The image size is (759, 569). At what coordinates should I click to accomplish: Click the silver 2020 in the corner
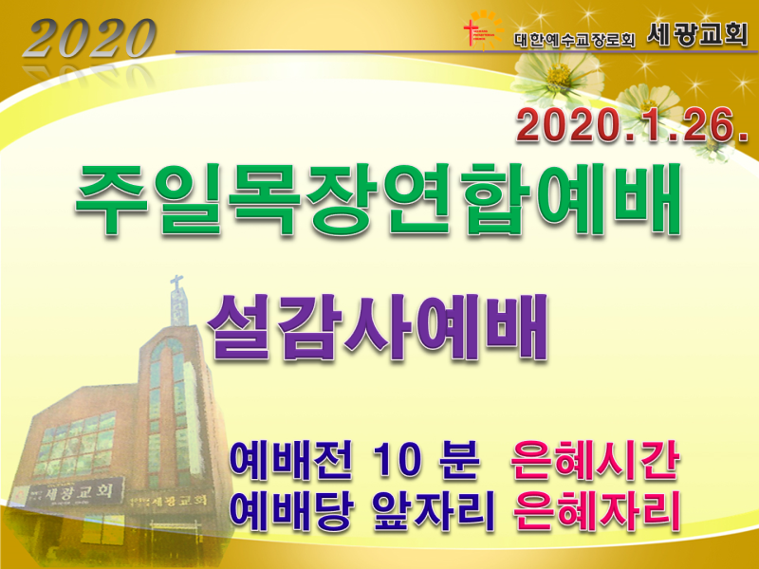coord(89,38)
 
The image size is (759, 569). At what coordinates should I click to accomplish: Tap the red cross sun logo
coord(483,31)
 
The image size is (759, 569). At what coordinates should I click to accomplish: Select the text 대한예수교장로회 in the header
coord(574,40)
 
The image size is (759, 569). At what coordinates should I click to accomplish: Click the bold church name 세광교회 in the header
coord(697,34)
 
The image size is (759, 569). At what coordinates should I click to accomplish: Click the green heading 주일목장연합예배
coord(379,199)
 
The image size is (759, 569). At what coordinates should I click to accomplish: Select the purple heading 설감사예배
coord(378,327)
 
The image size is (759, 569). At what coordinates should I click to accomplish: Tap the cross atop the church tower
coord(176,284)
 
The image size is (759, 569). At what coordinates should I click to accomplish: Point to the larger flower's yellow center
coord(559,75)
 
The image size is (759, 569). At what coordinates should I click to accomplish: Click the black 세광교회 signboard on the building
coord(79,492)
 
